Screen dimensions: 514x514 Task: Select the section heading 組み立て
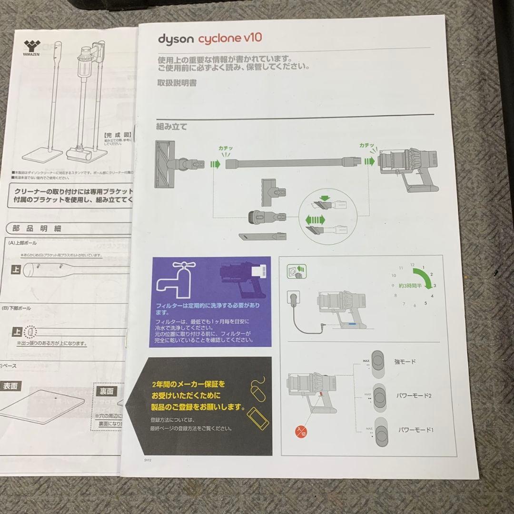[171, 127]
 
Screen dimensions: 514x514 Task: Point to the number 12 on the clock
[412, 265]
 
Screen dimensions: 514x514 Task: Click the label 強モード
[405, 362]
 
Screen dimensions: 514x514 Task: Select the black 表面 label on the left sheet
[10, 386]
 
